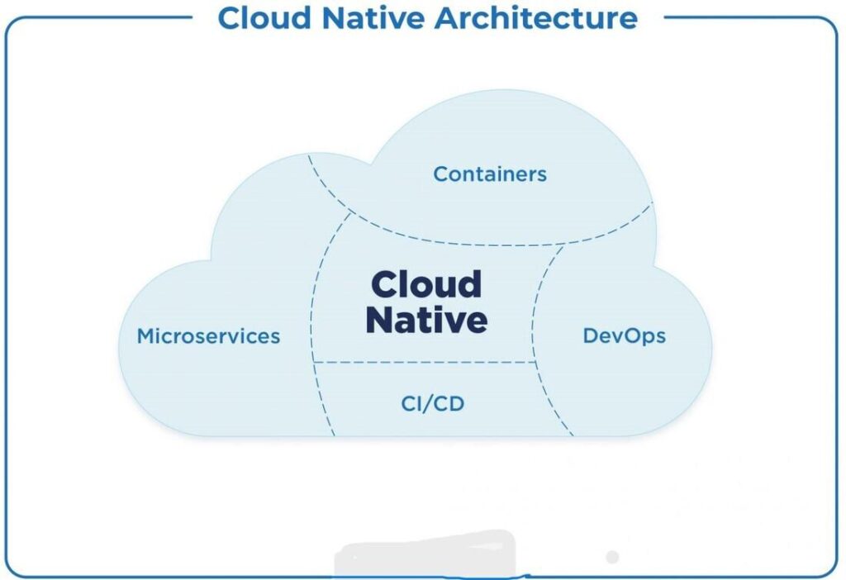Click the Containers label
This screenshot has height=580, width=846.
click(x=490, y=174)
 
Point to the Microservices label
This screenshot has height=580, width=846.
click(x=208, y=336)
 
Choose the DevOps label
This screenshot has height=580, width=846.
click(x=624, y=336)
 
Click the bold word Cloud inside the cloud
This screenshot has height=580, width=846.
click(x=425, y=284)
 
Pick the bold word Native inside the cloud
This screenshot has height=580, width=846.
click(x=426, y=320)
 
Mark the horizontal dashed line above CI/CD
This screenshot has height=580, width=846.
click(x=425, y=362)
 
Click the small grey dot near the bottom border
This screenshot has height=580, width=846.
click(x=612, y=557)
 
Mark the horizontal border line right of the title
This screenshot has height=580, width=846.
click(x=744, y=17)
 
